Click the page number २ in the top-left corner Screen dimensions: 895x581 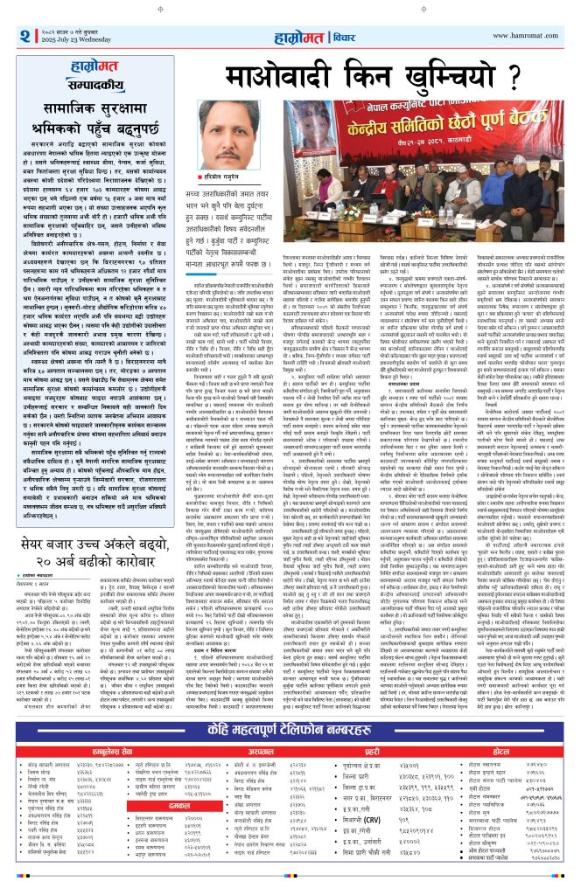[x=22, y=37]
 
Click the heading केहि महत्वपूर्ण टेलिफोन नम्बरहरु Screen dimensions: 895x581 [x=290, y=731]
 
